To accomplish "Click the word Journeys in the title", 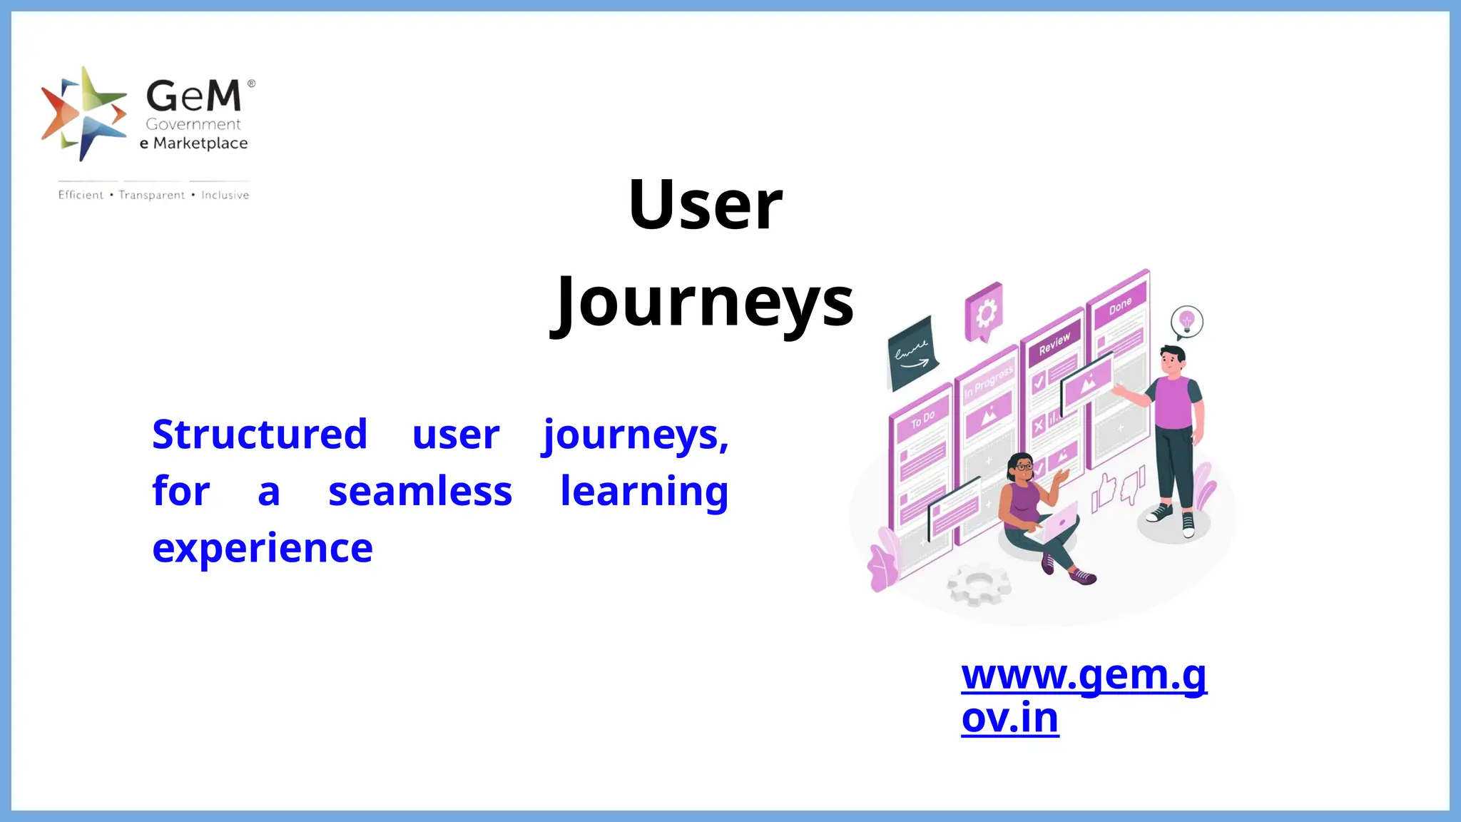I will tap(703, 303).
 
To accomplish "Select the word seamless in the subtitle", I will tap(420, 492).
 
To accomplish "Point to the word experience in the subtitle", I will tap(263, 548).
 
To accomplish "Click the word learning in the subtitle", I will tap(644, 492).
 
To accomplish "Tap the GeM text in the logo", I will tap(194, 96).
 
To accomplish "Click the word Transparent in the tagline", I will tap(152, 196).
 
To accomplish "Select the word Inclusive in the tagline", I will tap(225, 196).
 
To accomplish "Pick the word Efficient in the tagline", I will tap(81, 196).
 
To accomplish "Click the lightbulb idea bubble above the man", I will tap(1186, 321).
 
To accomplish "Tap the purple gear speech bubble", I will tap(984, 313).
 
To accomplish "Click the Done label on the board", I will tap(1120, 306).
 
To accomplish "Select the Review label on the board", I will tap(1054, 343).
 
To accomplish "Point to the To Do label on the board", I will tap(922, 420).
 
